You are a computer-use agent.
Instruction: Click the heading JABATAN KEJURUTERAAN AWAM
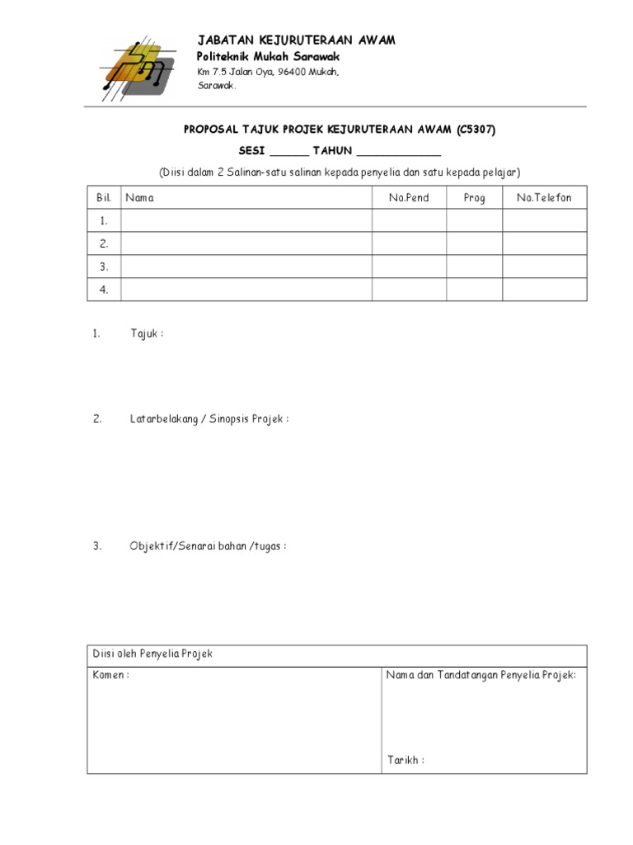click(x=296, y=40)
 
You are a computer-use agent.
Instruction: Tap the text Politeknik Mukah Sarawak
click(x=268, y=56)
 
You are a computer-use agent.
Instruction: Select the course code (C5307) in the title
click(x=476, y=130)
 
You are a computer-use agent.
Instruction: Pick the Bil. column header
click(x=104, y=198)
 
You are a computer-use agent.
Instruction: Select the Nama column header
click(x=139, y=198)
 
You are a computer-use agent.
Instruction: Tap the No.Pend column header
click(x=409, y=198)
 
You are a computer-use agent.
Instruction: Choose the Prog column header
click(x=475, y=198)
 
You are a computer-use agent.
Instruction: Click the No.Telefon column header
click(x=544, y=198)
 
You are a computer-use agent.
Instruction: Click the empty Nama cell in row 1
click(x=246, y=220)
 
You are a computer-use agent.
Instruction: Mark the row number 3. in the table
click(x=104, y=267)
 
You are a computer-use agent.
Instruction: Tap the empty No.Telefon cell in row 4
click(x=544, y=290)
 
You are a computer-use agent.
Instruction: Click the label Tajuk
click(x=146, y=333)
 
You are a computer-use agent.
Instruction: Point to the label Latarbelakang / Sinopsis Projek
click(x=209, y=419)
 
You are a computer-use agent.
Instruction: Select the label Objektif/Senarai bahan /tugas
click(x=208, y=546)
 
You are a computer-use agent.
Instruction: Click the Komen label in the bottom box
click(x=110, y=675)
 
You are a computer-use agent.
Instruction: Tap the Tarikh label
click(x=406, y=760)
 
